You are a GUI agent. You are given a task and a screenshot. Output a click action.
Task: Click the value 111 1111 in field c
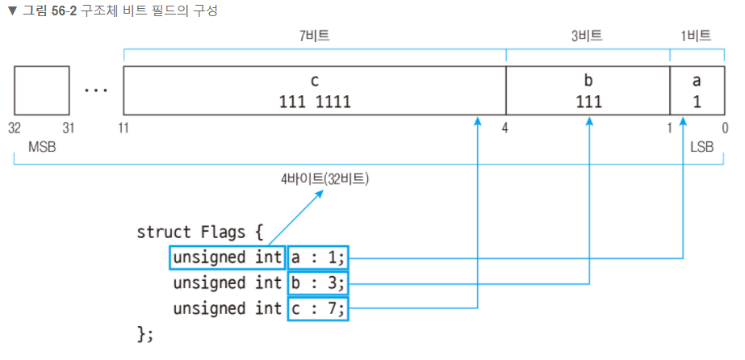tap(315, 102)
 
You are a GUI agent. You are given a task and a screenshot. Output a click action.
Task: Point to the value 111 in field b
tap(588, 102)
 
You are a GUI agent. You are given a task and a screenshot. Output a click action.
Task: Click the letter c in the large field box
tap(315, 82)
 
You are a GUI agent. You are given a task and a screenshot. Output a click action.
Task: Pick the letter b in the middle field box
tap(588, 82)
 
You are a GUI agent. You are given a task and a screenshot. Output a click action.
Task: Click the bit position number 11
tap(124, 128)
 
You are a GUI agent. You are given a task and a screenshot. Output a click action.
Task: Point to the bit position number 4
tap(504, 128)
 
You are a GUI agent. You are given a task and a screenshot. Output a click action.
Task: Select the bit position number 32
tap(15, 128)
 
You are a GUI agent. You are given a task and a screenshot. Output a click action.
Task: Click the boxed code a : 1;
tap(318, 257)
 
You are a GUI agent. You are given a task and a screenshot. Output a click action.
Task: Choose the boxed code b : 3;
tap(318, 283)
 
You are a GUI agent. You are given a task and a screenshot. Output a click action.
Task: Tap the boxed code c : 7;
tap(318, 308)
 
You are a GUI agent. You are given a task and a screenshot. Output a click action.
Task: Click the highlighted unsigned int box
tap(228, 257)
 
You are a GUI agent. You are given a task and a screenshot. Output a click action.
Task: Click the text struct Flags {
tap(200, 232)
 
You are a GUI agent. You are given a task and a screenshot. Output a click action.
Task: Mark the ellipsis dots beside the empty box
tap(96, 90)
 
